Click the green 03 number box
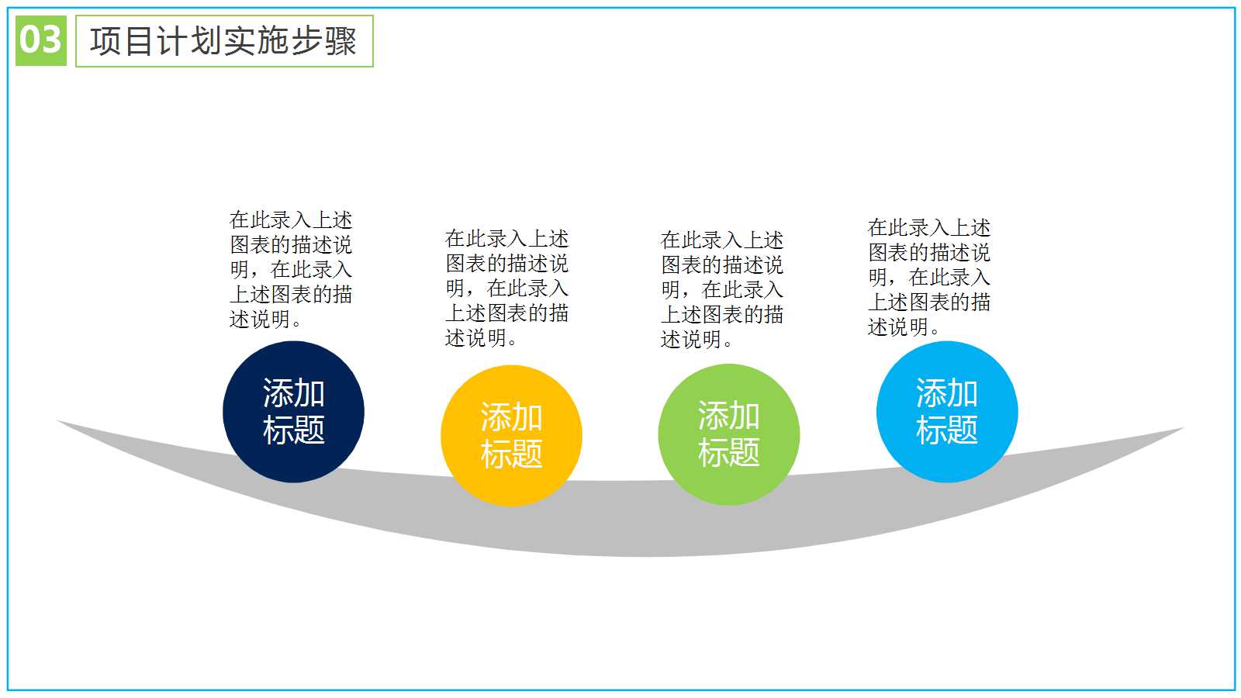coord(41,40)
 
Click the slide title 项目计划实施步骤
coord(223,41)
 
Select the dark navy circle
coord(294,412)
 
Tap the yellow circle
coord(511,435)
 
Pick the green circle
coord(729,434)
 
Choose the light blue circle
coord(947,412)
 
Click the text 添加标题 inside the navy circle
coord(294,412)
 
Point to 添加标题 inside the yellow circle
coord(511,435)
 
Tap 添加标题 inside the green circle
coord(729,434)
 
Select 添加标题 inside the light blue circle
coord(947,412)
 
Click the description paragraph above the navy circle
coord(291,269)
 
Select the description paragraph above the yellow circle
coord(507,288)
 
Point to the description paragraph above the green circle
coord(722,289)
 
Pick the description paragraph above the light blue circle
coord(929,277)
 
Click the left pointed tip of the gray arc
coord(57,421)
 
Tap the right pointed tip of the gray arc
coord(1184,427)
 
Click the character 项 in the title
coord(105,41)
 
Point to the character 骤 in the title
coord(340,41)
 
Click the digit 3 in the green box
coord(50,40)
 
